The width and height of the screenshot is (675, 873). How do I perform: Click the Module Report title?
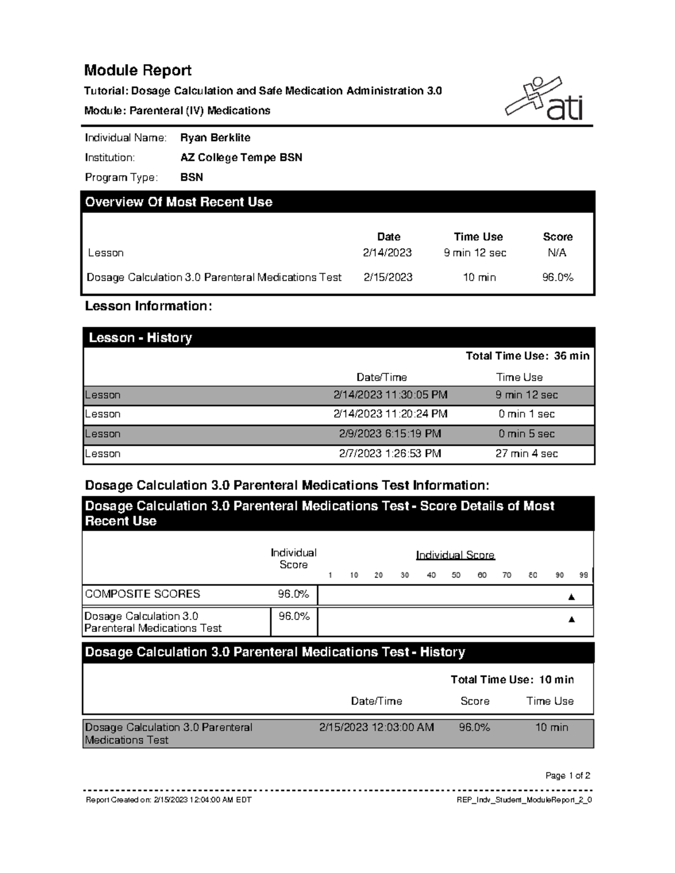(x=138, y=70)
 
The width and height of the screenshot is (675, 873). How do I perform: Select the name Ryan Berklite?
(x=215, y=138)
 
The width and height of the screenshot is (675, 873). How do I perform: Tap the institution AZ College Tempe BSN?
(x=241, y=157)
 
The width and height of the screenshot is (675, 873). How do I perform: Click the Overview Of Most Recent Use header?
(x=178, y=202)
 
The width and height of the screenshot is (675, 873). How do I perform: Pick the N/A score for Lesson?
(x=557, y=253)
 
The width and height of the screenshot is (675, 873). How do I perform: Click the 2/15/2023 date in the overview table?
(x=388, y=277)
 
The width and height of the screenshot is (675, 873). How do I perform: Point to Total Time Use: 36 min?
(x=527, y=356)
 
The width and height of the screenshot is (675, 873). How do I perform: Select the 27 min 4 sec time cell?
(x=526, y=454)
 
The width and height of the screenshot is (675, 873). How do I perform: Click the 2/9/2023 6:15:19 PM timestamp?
(x=390, y=434)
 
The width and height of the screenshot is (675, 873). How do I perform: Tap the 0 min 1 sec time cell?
(x=526, y=414)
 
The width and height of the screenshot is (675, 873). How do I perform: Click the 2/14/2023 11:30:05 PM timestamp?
(x=390, y=395)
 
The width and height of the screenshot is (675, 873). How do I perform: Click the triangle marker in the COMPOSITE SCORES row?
(x=571, y=597)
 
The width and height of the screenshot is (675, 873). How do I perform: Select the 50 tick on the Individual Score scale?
(x=456, y=575)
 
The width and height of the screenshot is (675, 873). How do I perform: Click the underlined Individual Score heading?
(x=455, y=555)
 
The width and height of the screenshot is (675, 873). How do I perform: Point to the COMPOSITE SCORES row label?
(x=142, y=594)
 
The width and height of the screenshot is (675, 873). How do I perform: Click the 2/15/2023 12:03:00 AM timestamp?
(x=376, y=727)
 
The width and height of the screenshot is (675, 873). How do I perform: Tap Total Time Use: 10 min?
(x=512, y=680)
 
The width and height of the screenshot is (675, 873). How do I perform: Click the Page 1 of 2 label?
(x=568, y=776)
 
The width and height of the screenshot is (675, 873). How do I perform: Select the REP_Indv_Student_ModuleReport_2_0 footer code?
(x=524, y=800)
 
